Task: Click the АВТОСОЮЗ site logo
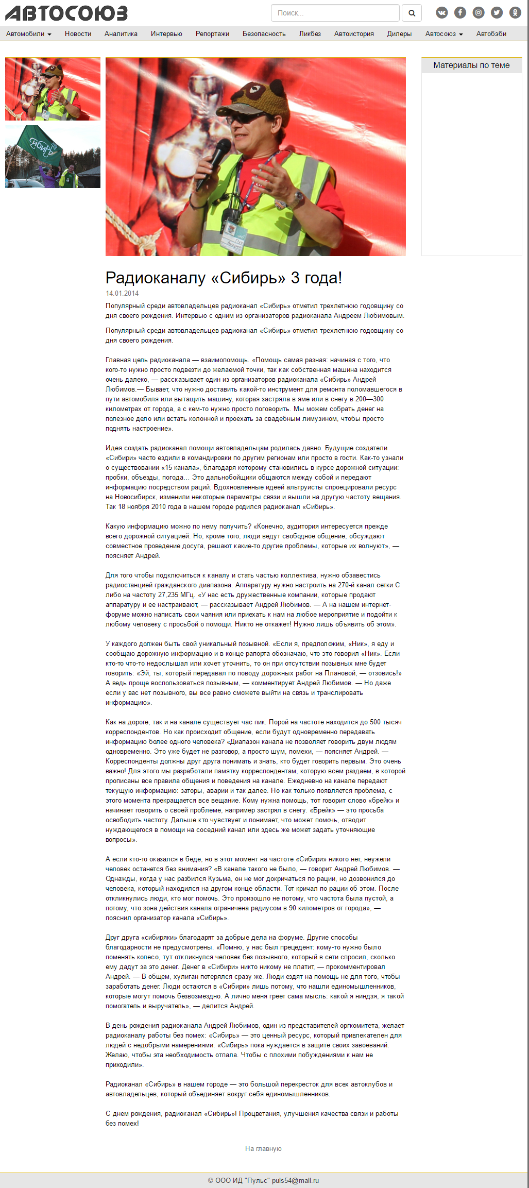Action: coord(66,13)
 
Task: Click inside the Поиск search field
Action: coord(335,13)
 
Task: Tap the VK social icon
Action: coord(442,13)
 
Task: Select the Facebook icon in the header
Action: coord(460,13)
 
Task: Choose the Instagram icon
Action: coord(479,13)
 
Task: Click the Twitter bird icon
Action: coord(497,13)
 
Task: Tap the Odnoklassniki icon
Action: coord(515,13)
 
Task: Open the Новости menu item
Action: coord(78,34)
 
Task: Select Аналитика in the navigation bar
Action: coord(121,34)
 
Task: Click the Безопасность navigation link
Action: coord(264,34)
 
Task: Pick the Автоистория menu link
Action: coord(354,34)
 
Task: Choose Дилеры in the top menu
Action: coord(399,34)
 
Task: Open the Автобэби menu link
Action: coord(491,34)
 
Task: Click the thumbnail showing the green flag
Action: coord(53,157)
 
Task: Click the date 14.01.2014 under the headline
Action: coord(122,294)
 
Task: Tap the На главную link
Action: coord(263,1148)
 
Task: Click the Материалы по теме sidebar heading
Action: coord(471,65)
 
